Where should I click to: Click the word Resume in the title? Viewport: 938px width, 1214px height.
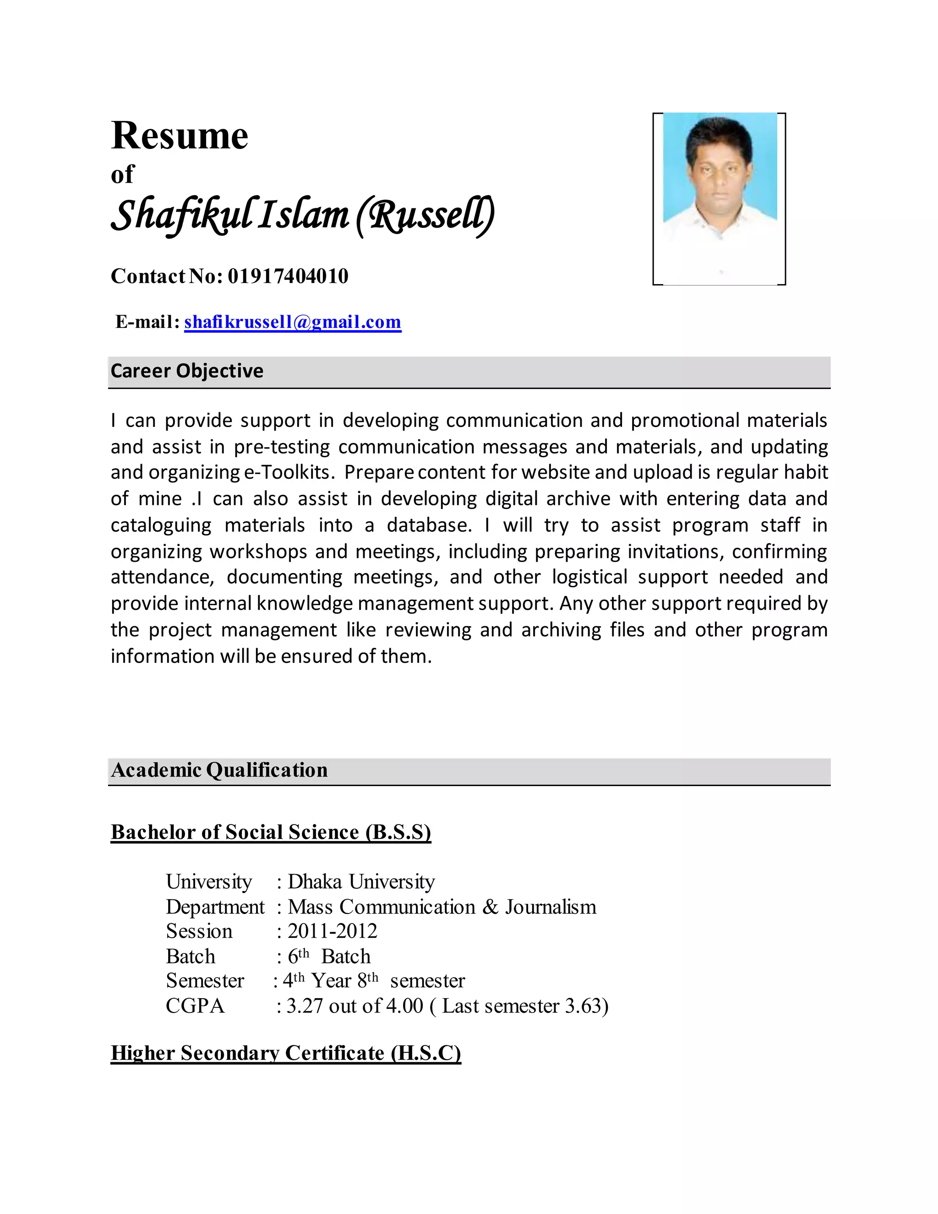[x=180, y=136]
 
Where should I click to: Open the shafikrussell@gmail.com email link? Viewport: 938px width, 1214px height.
[x=292, y=322]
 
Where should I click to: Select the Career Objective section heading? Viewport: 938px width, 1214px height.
[x=187, y=371]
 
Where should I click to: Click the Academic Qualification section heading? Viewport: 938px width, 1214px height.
[x=219, y=770]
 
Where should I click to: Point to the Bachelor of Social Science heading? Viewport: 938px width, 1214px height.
[x=271, y=832]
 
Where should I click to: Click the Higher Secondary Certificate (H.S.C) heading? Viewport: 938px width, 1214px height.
[x=286, y=1053]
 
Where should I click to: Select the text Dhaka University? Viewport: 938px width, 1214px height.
[x=361, y=881]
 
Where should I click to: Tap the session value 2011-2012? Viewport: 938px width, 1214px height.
[x=333, y=931]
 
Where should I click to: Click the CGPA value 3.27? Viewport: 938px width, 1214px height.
[x=305, y=1006]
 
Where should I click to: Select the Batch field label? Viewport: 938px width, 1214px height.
[x=190, y=956]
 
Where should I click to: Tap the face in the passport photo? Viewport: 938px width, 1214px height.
[x=719, y=170]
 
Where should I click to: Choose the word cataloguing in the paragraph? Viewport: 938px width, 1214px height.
[x=161, y=525]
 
